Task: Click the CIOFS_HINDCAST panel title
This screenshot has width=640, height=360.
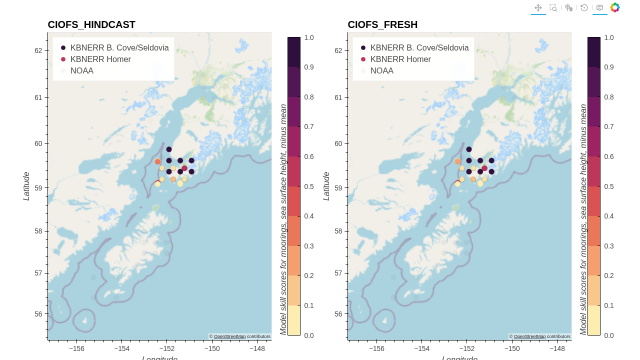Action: pos(91,24)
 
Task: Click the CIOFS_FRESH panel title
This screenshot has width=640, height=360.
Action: pos(382,24)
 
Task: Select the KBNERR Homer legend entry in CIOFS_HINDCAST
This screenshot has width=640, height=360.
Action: pos(100,59)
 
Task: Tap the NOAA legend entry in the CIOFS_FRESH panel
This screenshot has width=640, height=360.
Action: pos(381,70)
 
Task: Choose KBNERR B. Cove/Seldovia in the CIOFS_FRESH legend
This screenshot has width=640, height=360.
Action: pos(419,47)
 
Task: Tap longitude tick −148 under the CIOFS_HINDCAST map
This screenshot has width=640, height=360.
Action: pos(257,348)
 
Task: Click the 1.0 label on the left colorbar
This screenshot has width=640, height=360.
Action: pos(309,37)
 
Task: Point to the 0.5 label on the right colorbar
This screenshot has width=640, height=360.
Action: pos(609,186)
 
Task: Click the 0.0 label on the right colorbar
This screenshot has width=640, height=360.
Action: pos(609,335)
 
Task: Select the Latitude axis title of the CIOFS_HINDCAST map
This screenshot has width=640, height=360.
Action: pos(26,186)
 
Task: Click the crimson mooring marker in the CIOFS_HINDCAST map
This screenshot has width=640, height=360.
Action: pos(184,168)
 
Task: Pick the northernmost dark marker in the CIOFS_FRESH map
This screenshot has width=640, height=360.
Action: pos(469,149)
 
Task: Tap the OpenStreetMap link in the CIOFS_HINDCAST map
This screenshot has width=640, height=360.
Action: pos(229,336)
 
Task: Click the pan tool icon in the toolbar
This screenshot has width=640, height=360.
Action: pos(538,7)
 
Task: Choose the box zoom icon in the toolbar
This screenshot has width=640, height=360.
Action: pos(553,7)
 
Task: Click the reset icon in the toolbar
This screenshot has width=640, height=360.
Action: pos(584,7)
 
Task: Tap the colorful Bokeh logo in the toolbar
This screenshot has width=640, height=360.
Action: pos(615,7)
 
